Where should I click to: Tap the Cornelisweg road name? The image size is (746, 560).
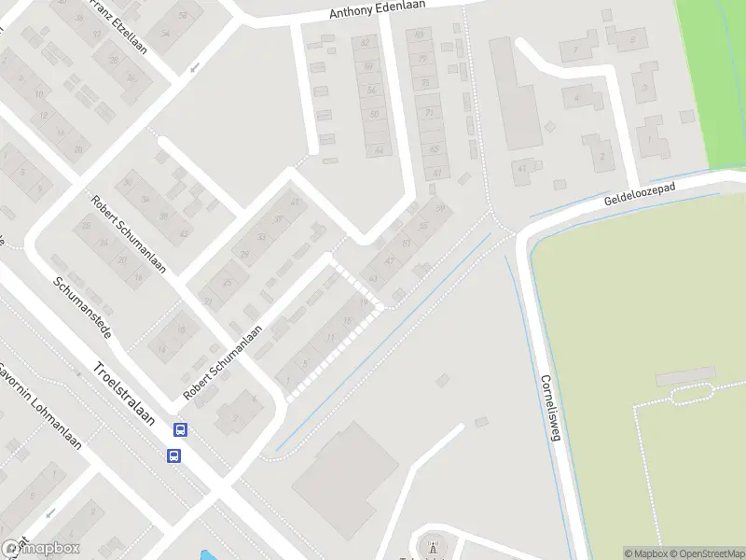click(x=551, y=409)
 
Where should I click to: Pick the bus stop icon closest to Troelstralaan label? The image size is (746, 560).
click(x=179, y=430)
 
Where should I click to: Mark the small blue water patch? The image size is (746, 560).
click(x=205, y=555)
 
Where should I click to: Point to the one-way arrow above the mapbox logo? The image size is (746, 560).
click(x=49, y=513)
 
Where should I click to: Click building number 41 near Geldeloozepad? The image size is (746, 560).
click(x=523, y=168)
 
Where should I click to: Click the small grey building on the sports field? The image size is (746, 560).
click(x=685, y=377)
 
